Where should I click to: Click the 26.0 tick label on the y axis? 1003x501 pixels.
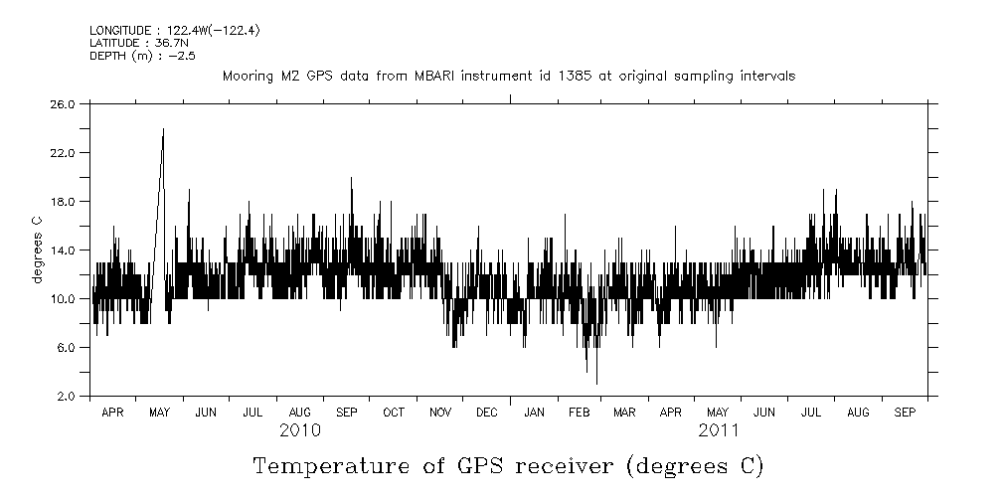(x=64, y=103)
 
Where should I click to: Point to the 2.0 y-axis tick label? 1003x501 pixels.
(x=66, y=396)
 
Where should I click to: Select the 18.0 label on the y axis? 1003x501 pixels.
(x=64, y=201)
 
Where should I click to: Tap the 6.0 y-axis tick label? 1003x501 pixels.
(x=66, y=347)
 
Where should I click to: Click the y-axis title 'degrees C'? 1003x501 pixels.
(x=37, y=250)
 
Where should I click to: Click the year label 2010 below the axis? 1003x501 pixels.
(x=299, y=430)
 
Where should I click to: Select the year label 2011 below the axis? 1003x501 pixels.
(x=718, y=430)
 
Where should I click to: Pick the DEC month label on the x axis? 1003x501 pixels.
(x=487, y=411)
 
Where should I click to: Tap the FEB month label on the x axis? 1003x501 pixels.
(x=579, y=411)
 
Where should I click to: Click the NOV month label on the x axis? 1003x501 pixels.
(x=439, y=411)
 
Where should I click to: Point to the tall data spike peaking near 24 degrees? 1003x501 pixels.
(x=163, y=129)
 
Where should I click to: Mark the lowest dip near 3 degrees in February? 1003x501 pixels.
(x=596, y=383)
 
